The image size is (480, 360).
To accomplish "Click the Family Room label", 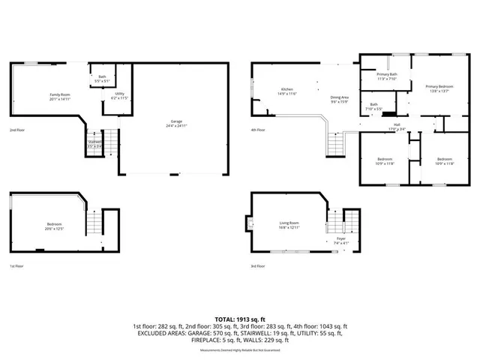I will click(x=59, y=96).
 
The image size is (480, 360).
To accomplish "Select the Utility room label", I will click(x=119, y=96).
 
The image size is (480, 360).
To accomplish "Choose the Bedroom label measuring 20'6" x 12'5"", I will click(x=54, y=225).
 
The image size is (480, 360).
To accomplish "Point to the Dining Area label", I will click(x=340, y=99).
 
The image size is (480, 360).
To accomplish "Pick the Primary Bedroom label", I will click(x=439, y=88).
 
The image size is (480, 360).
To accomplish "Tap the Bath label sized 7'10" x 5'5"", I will click(x=373, y=106).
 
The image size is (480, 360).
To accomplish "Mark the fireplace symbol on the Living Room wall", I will click(x=250, y=223).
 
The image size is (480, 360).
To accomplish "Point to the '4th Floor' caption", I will click(x=259, y=130).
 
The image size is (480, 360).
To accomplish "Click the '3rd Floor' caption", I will click(x=259, y=265).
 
